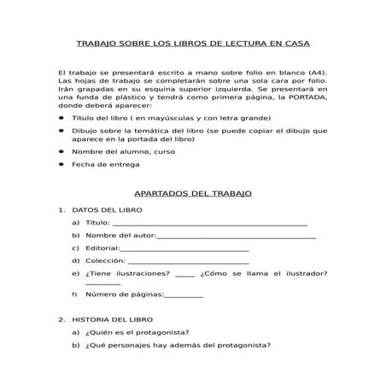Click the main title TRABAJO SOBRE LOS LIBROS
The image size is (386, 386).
193,42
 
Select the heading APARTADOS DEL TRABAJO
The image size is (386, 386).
193,194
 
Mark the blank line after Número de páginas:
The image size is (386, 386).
183,295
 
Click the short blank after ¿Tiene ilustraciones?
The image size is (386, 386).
184,274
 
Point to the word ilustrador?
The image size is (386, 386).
306,273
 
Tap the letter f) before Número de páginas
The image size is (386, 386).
76,295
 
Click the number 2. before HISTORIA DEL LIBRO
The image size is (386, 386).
61,319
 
